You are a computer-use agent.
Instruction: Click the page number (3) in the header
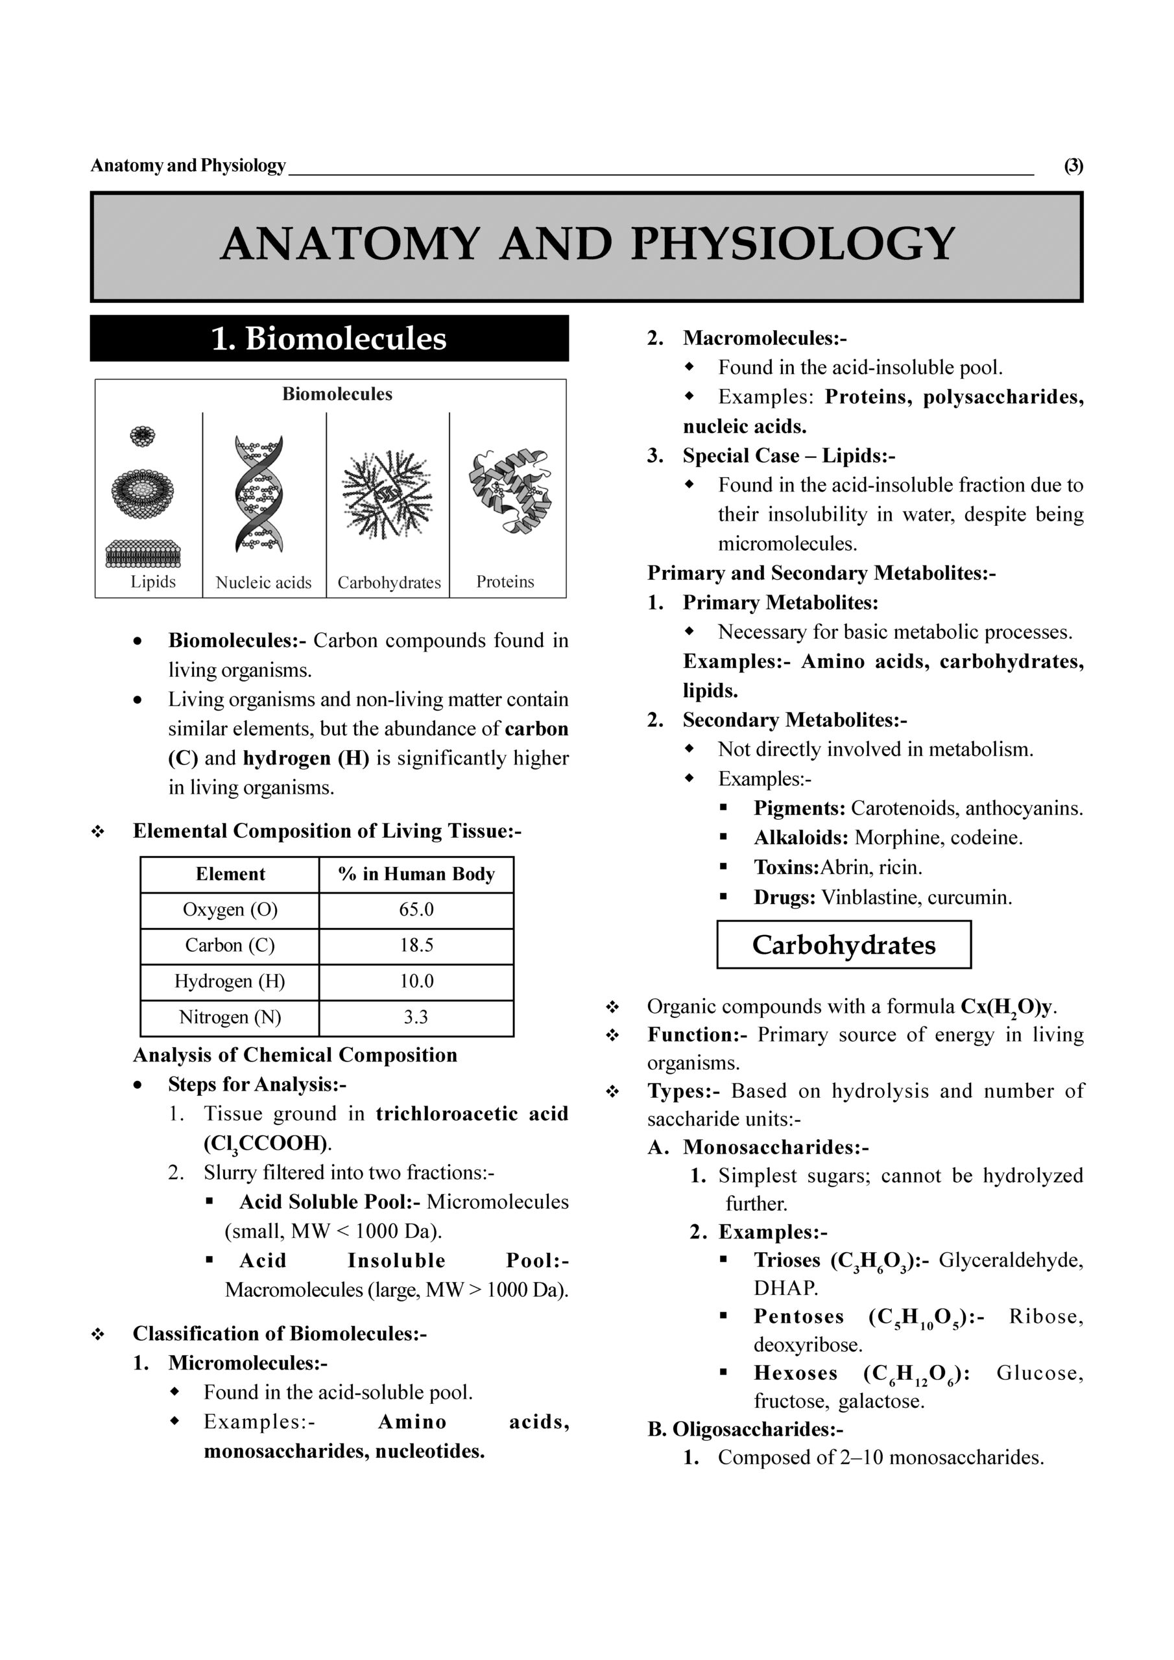pos(1073,165)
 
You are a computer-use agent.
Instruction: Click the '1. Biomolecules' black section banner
pos(329,338)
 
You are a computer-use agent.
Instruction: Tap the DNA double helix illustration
pos(259,494)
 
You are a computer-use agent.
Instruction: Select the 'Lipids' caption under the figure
pos(152,582)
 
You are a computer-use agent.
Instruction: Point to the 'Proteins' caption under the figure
pos(505,582)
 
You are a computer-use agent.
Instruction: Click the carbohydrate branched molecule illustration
pos(388,494)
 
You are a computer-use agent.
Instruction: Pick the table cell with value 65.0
pos(416,910)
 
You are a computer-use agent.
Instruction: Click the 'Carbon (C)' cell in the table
pos(230,945)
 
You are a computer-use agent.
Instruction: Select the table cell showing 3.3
pos(416,1017)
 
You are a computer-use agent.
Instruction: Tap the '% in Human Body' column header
pos(416,874)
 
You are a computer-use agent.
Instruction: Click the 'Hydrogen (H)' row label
pos(230,981)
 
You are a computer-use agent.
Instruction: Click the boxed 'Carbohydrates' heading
pos(843,945)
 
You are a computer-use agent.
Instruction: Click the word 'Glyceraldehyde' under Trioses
pos(1011,1260)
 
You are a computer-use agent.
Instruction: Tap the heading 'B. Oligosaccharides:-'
pos(745,1429)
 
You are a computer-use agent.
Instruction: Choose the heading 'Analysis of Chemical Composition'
pos(295,1055)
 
